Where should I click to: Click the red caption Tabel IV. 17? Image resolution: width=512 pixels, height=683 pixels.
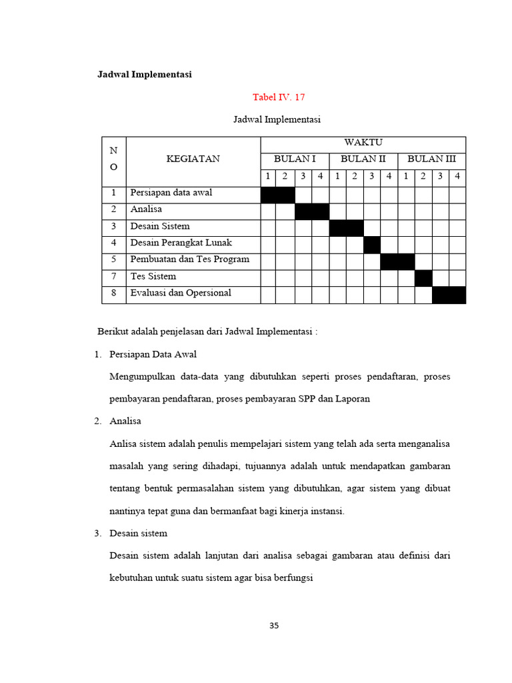click(x=278, y=97)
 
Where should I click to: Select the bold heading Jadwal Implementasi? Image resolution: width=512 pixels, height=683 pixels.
click(x=145, y=75)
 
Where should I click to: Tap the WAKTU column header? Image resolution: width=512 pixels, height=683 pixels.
click(x=363, y=142)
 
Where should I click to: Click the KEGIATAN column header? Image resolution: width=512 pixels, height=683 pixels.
click(x=193, y=159)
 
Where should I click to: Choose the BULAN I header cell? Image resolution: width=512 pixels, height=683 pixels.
click(x=295, y=159)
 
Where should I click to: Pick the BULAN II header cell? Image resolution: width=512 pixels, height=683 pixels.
click(x=363, y=159)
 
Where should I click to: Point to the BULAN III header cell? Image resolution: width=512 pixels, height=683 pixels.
click(x=431, y=159)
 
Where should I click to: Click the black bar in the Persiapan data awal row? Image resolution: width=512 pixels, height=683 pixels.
click(x=277, y=194)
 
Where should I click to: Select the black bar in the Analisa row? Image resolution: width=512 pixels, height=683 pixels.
click(x=312, y=211)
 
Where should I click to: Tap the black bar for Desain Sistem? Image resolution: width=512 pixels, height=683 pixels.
click(x=346, y=227)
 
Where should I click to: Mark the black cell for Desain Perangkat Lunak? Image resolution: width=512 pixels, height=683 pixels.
click(x=371, y=244)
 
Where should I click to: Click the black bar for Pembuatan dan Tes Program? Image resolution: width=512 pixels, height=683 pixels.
click(x=397, y=261)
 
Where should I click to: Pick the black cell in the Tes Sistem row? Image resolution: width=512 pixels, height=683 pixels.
click(x=423, y=277)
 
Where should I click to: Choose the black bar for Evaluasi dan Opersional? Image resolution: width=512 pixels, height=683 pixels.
click(x=449, y=294)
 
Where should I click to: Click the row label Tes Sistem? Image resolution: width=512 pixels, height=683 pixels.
click(x=153, y=276)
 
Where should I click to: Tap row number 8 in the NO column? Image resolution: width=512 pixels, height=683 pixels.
click(x=113, y=293)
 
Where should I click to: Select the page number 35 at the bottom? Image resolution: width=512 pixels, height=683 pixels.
click(x=274, y=626)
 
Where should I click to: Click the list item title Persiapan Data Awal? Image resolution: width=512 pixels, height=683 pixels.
click(x=153, y=354)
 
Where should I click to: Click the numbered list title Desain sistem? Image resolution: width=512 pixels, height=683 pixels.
click(x=138, y=534)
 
